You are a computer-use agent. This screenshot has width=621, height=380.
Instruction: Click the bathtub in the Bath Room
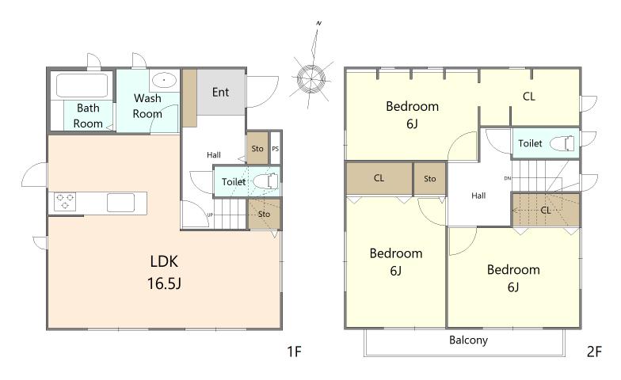point(82,85)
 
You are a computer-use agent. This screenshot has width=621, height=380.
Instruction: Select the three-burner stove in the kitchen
point(65,201)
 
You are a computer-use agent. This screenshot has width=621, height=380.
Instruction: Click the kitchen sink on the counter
point(120,203)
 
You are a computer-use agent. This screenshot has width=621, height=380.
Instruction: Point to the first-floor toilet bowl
point(266,181)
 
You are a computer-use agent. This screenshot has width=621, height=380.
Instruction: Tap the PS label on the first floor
point(276,149)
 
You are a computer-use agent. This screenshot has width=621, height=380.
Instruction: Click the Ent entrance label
point(220,92)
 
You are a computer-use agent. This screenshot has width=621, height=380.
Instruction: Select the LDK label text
point(165,261)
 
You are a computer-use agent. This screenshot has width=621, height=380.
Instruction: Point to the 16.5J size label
point(165,283)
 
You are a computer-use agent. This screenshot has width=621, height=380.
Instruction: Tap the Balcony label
point(469,340)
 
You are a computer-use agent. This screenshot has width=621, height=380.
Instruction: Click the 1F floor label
point(295,351)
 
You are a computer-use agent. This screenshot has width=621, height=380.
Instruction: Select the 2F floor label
point(594,351)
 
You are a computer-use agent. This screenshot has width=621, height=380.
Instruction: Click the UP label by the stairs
point(210,215)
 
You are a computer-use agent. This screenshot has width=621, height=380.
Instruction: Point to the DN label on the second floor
point(507,178)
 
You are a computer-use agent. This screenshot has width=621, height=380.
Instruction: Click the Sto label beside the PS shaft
point(257,149)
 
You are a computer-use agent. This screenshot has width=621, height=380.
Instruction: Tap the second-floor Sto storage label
point(429,179)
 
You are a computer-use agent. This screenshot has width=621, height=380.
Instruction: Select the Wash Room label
point(147,106)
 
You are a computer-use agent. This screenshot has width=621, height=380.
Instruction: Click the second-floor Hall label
point(478,196)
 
